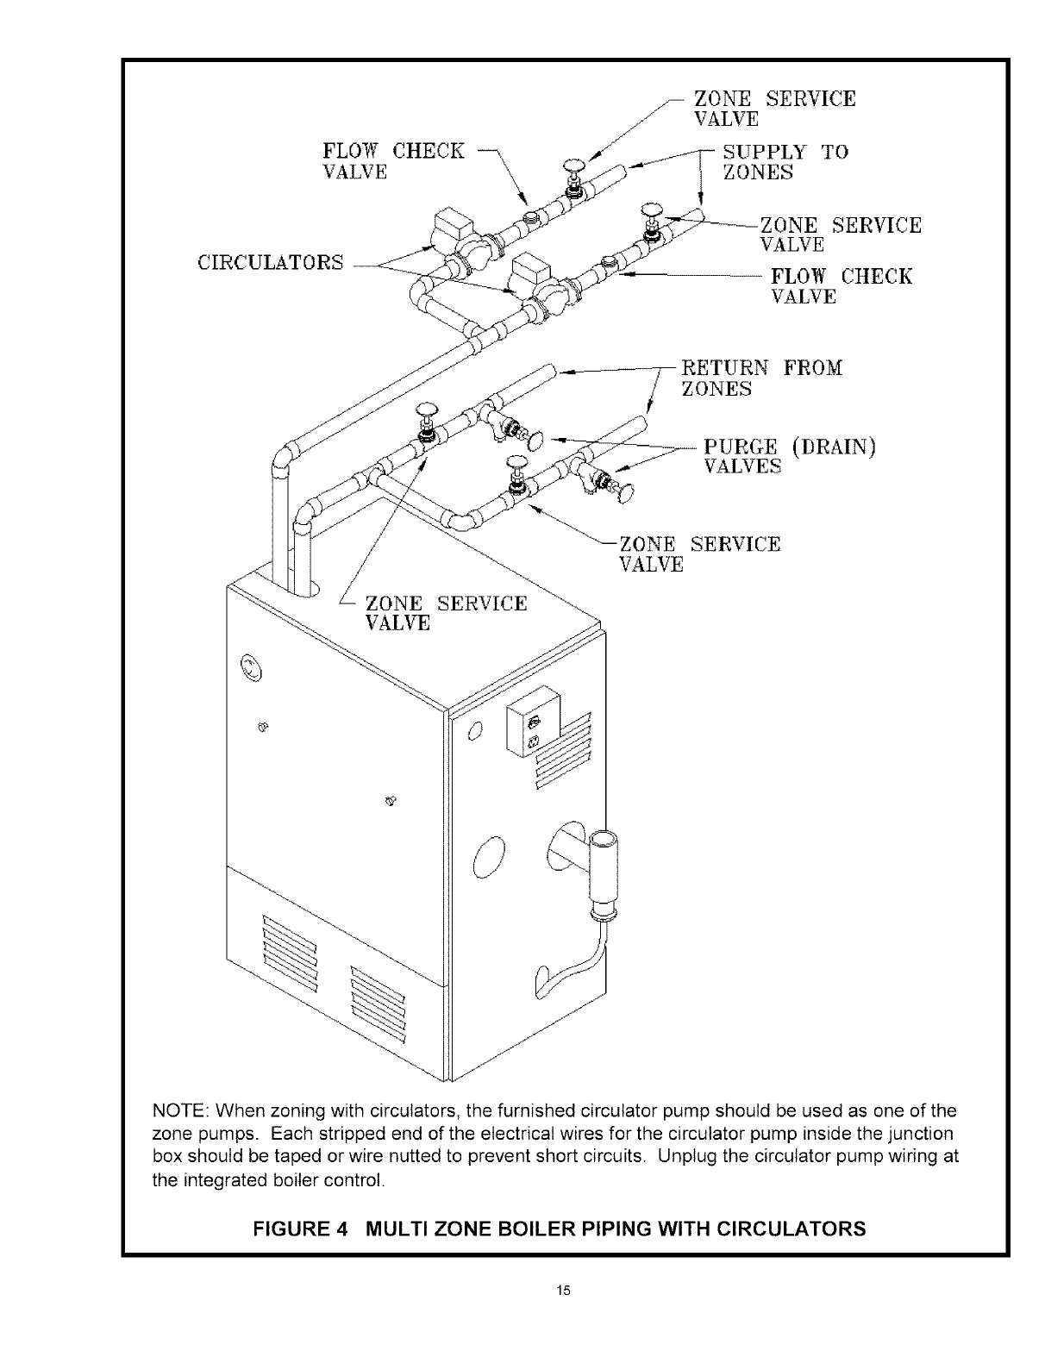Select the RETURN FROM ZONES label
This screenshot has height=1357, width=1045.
[x=761, y=378]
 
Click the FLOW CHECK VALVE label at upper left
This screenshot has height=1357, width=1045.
[x=392, y=161]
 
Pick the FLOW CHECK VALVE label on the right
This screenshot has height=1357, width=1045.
[x=841, y=286]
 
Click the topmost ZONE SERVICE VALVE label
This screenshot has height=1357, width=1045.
[x=774, y=109]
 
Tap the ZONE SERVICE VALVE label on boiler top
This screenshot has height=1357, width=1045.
[x=446, y=612]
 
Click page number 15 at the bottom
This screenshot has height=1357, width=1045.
[x=563, y=1291]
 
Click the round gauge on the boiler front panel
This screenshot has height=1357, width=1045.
[x=250, y=666]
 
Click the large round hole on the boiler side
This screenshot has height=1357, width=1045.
[x=488, y=859]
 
